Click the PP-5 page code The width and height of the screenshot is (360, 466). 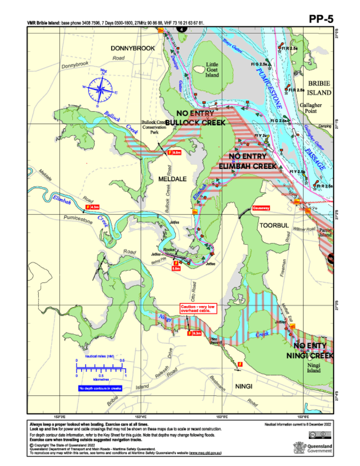click(x=321, y=19)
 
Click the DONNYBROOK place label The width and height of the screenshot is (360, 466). click(x=132, y=48)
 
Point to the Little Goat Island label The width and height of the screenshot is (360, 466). click(x=212, y=70)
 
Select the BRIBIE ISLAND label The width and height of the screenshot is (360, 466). click(x=319, y=88)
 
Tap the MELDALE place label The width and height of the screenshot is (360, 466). click(x=173, y=179)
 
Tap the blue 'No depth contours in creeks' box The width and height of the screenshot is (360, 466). click(x=100, y=388)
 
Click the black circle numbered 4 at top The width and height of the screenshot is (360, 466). click(x=181, y=29)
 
